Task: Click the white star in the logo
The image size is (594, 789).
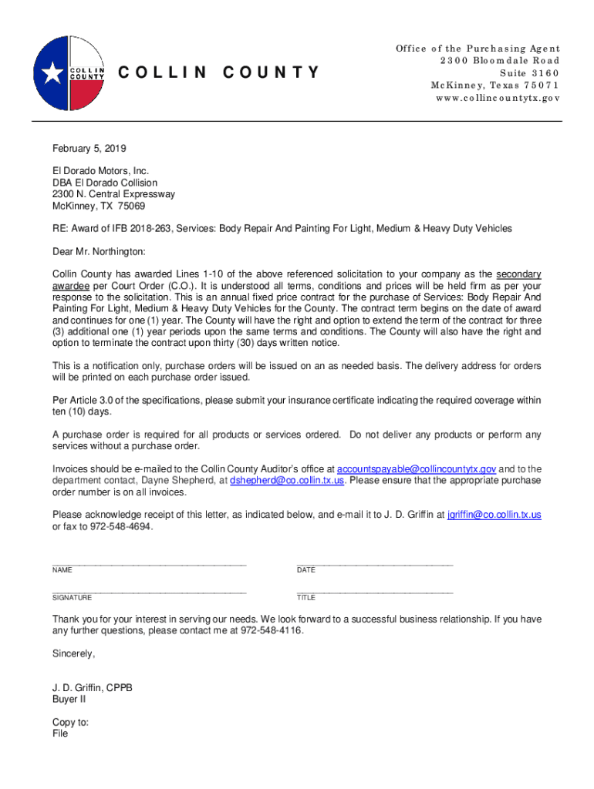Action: coord(52,73)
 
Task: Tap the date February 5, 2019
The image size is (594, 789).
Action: coord(89,149)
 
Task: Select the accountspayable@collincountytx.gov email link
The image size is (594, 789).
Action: coord(417,468)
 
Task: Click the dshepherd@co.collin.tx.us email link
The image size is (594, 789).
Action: coord(287,480)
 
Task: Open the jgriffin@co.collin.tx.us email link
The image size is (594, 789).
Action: coord(494,515)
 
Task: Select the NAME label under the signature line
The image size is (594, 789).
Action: coord(62,570)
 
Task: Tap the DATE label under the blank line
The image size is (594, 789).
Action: coord(306,570)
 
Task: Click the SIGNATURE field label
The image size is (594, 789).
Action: coord(72,598)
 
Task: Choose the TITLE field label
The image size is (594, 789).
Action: coord(306,598)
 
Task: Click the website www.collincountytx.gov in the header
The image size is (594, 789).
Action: coord(498,99)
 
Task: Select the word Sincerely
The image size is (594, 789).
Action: coord(73,653)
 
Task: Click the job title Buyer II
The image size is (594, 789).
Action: coord(69,699)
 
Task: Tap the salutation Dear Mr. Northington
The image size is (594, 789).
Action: coord(98,251)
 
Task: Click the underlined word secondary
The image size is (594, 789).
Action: coord(518,274)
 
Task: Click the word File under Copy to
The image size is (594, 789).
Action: coord(60,734)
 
